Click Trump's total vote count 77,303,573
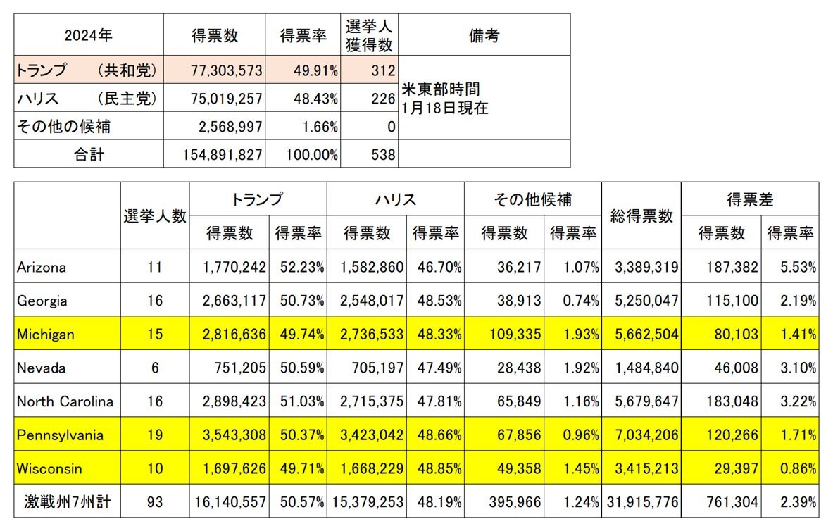[x=226, y=70]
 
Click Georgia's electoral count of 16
[x=155, y=301]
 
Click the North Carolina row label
[x=64, y=401]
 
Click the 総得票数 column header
[x=641, y=216]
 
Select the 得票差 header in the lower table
[x=749, y=200]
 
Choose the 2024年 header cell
[x=88, y=36]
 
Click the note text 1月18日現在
[x=444, y=108]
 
